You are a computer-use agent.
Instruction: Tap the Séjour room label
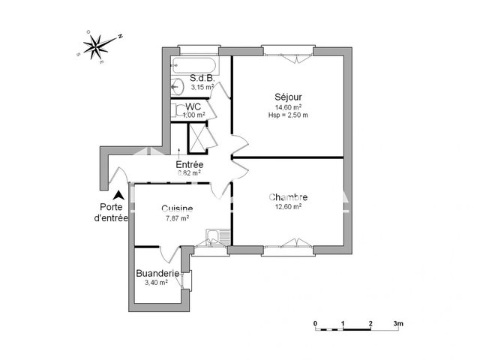click(288, 97)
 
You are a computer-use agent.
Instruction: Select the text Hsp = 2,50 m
click(288, 115)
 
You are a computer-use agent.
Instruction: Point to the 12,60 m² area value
click(288, 208)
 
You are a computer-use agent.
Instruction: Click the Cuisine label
click(177, 208)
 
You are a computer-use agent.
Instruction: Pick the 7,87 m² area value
click(177, 218)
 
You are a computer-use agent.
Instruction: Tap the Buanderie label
click(157, 274)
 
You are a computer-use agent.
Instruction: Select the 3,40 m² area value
click(156, 283)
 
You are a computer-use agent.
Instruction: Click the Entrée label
click(188, 164)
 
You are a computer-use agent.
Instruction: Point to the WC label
click(193, 106)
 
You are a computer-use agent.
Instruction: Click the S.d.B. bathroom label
click(202, 78)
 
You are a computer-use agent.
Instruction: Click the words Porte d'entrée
click(111, 213)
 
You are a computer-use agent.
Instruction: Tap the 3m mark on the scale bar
click(398, 324)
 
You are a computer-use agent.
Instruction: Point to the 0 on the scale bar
click(316, 324)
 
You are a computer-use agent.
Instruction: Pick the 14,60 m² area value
click(288, 106)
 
